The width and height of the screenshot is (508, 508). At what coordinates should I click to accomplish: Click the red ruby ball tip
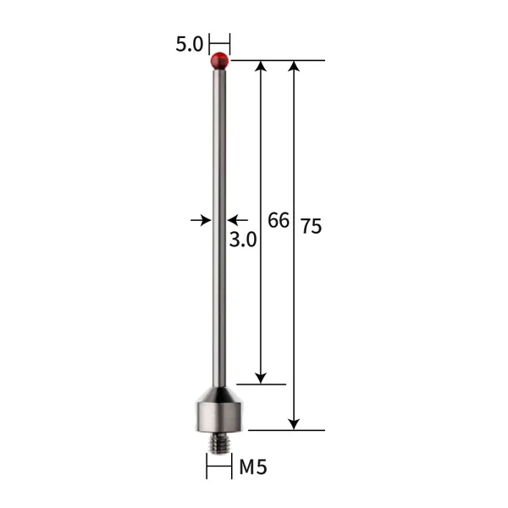point(219,60)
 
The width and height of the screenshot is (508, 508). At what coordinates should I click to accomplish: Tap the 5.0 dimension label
point(189,44)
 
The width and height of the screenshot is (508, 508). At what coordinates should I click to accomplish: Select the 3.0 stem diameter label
point(243,240)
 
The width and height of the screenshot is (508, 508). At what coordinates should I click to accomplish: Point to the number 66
point(279,221)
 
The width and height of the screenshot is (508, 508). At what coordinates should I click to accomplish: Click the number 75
point(311,226)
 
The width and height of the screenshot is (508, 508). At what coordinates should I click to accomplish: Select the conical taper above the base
point(219,394)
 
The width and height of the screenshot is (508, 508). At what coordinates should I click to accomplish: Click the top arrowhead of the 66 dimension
point(261,67)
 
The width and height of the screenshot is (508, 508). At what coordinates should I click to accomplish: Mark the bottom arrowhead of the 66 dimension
point(261,377)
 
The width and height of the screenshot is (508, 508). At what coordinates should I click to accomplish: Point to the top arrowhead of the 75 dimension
point(294,67)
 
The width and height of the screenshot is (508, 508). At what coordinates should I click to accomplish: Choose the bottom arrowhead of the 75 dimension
point(294,423)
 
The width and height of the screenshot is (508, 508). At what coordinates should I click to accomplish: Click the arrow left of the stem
point(202,220)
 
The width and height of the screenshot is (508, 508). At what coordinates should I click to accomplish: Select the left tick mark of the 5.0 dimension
point(209,43)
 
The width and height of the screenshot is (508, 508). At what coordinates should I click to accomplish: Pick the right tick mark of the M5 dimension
point(230,466)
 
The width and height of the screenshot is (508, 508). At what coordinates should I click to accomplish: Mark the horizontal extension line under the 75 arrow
point(288,430)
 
